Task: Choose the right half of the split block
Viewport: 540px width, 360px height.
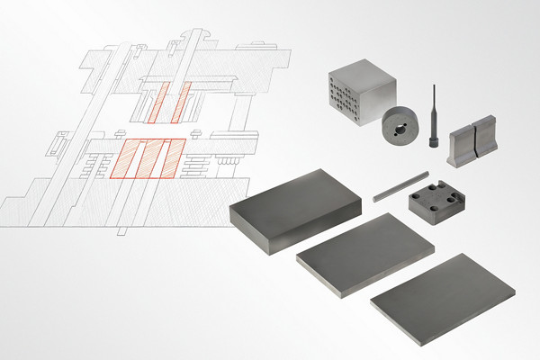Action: tap(483, 139)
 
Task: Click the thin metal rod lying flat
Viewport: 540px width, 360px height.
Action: tap(389, 189)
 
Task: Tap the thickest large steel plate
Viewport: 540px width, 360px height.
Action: tap(297, 210)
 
